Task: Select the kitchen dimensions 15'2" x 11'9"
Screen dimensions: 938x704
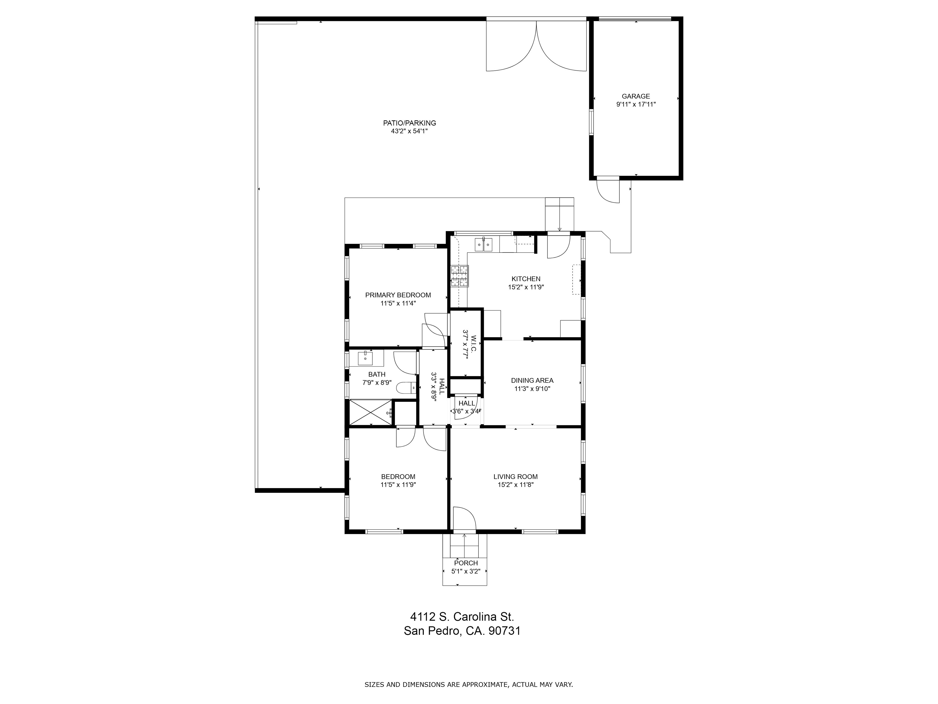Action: pos(526,287)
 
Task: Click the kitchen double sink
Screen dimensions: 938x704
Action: pos(483,245)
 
